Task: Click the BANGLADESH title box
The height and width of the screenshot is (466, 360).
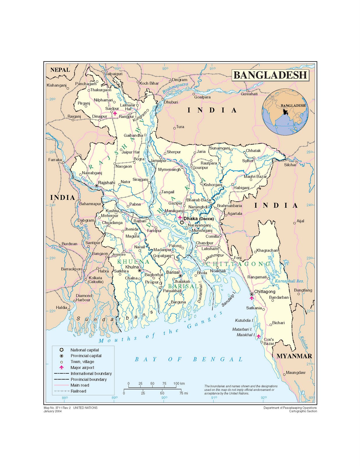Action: tap(270, 75)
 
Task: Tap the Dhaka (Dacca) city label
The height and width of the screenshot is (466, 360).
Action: tap(198, 218)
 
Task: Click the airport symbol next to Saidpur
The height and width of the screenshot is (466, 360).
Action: tap(115, 113)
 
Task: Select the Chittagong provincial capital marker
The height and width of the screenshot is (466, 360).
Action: tap(252, 294)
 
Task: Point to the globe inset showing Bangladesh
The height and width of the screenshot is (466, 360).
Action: tap(285, 112)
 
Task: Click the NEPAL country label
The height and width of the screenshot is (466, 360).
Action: tap(60, 70)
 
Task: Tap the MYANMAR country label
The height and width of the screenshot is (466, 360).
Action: tap(294, 356)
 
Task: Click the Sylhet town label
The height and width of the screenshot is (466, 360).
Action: tap(248, 161)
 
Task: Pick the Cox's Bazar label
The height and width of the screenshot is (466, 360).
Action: tap(269, 341)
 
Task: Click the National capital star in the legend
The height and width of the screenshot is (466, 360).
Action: tap(61, 350)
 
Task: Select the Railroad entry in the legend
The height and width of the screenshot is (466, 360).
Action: tap(78, 391)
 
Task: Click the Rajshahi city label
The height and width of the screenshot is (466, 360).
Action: tap(107, 183)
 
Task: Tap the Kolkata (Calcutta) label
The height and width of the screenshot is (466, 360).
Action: tap(95, 280)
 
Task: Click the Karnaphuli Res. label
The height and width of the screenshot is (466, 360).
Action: tap(289, 281)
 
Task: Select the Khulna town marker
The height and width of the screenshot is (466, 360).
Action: tap(140, 271)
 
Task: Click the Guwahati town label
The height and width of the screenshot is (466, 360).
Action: tap(249, 94)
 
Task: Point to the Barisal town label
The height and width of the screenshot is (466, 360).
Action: tap(173, 272)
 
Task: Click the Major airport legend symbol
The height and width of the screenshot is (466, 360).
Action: tap(61, 368)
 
